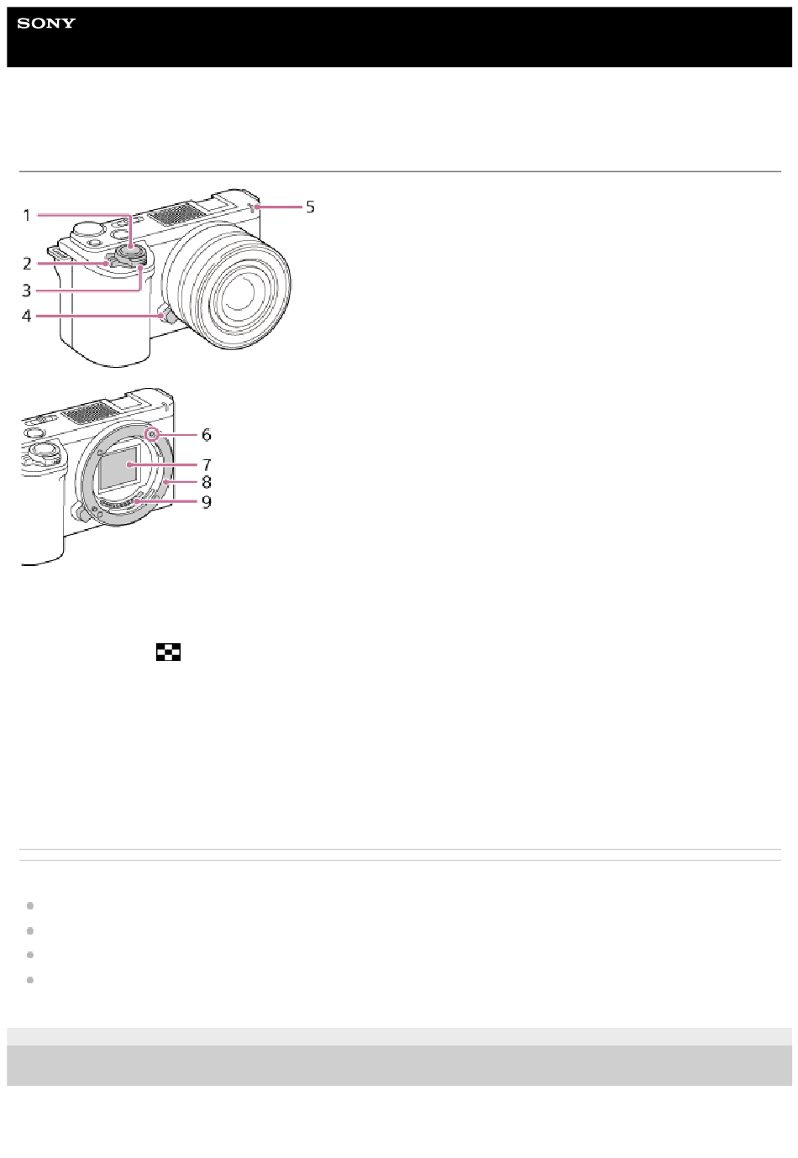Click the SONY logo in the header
[x=46, y=24]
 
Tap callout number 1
[x=27, y=215]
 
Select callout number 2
[x=27, y=264]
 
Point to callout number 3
[x=27, y=291]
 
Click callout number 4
[x=27, y=316]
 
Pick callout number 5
[x=310, y=207]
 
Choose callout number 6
[x=207, y=435]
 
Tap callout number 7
[x=207, y=464]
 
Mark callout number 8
[x=207, y=482]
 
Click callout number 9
[x=207, y=502]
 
